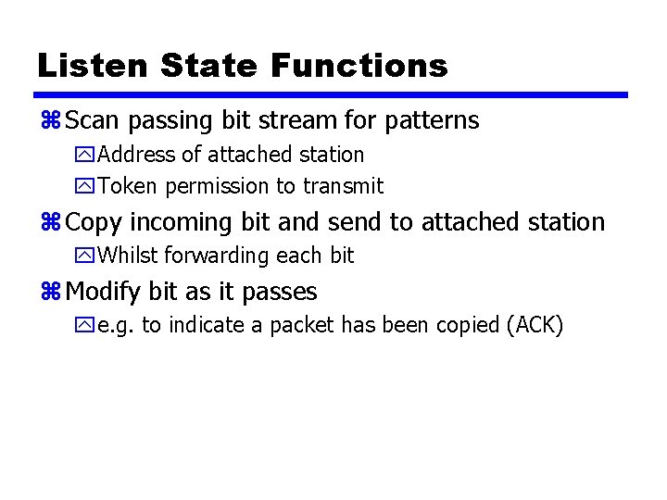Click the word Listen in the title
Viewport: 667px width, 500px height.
pos(92,66)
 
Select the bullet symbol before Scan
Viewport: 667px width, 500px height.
pos(50,121)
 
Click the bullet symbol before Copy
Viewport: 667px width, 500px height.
pos(50,223)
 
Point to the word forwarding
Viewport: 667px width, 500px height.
pos(220,256)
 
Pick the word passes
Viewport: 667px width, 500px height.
pos(279,293)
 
